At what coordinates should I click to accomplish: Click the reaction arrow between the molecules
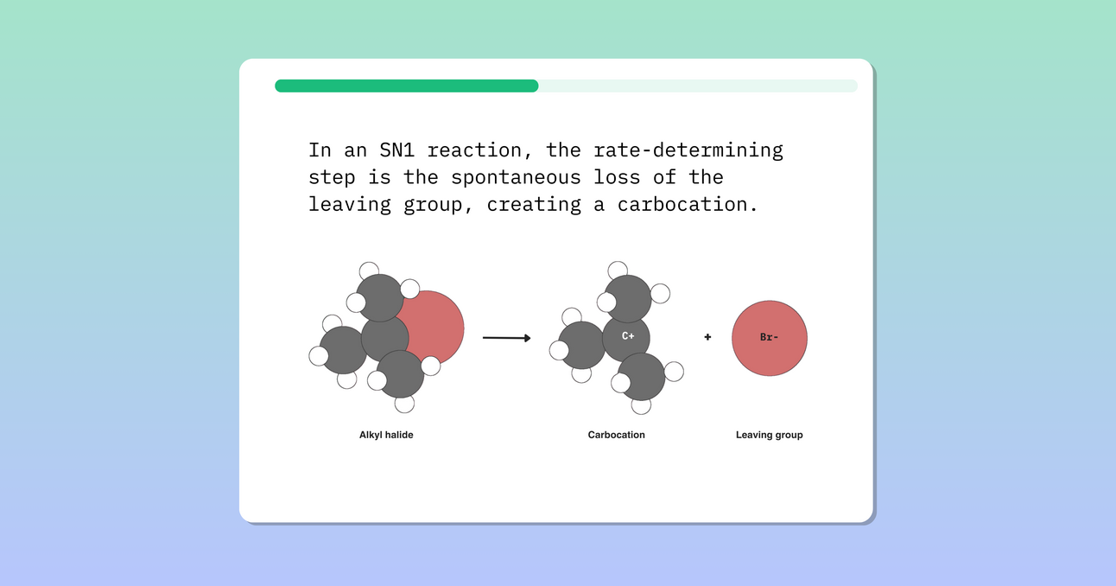[506, 338]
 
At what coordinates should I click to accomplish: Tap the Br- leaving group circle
[769, 338]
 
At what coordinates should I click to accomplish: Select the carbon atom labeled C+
[627, 337]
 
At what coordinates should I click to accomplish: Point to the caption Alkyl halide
[386, 435]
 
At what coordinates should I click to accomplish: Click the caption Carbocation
[616, 435]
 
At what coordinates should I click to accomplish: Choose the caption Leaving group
[769, 435]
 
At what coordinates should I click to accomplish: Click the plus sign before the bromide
[707, 337]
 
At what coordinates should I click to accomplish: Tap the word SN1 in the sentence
[397, 150]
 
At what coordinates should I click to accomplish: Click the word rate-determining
[688, 150]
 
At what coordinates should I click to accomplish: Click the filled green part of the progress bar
[406, 86]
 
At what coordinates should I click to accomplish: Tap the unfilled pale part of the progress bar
[698, 86]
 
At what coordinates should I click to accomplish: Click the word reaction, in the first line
[486, 150]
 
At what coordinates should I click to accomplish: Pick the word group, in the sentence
[439, 205]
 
